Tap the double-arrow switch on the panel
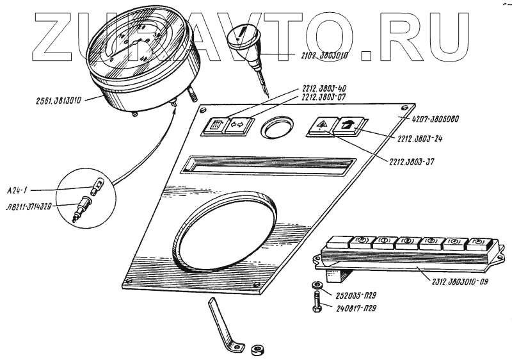[237, 125]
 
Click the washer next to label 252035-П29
[318, 286]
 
